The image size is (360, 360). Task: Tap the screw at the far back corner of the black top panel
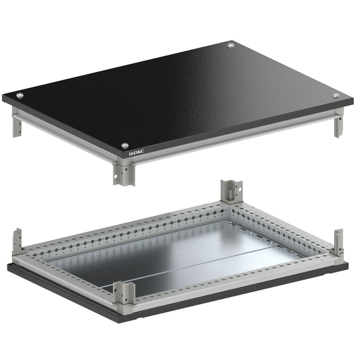[x=231, y=45]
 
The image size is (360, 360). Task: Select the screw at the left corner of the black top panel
[x=20, y=95]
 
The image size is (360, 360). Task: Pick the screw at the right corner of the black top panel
[x=336, y=95]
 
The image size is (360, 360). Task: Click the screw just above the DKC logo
[x=125, y=145]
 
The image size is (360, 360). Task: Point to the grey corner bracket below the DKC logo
[x=124, y=173]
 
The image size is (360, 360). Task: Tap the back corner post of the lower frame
[x=232, y=191]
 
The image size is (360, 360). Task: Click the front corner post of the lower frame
[x=124, y=295]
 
